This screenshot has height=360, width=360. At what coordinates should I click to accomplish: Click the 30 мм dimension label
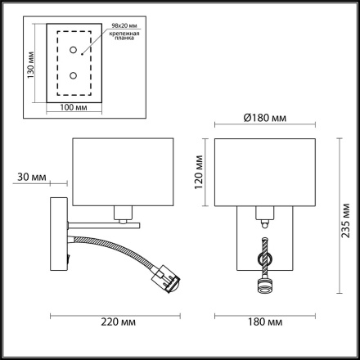28,177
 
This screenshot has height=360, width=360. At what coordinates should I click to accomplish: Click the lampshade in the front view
263,173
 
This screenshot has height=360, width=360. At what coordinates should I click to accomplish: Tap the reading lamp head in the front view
263,286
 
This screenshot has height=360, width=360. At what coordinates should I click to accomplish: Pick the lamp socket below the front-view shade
263,218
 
